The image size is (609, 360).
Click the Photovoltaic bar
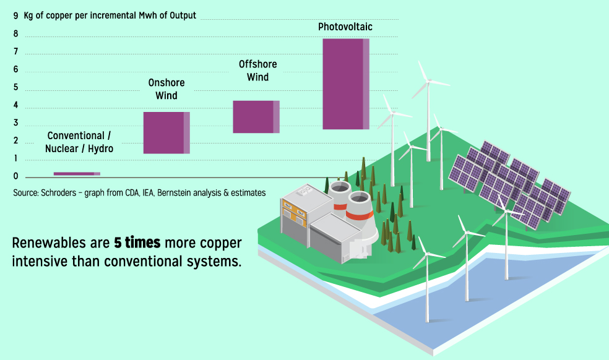[346, 84]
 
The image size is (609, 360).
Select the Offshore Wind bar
[256, 117]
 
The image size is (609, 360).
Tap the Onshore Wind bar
[166, 133]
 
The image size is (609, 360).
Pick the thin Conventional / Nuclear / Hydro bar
[77, 174]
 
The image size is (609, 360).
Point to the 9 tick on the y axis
[16, 15]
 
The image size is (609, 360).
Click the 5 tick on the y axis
[16, 87]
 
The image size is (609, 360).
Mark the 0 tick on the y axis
[16, 176]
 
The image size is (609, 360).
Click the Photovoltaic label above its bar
[345, 27]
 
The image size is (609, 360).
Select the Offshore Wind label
[258, 71]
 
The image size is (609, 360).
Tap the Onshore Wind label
[166, 89]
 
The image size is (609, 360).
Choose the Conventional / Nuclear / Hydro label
[79, 142]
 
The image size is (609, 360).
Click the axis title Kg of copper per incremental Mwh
[110, 15]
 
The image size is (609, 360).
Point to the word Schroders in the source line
[59, 192]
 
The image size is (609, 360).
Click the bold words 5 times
[137, 242]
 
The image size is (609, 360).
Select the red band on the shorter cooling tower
[340, 207]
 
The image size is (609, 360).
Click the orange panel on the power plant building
[294, 210]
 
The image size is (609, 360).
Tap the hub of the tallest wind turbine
[428, 81]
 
